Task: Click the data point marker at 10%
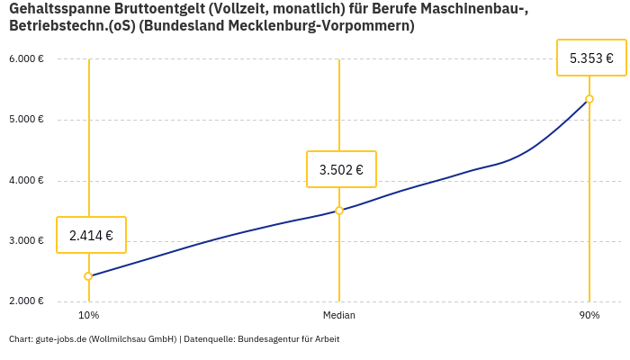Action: click(x=88, y=276)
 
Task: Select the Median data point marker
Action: click(x=339, y=211)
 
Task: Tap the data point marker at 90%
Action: click(x=589, y=99)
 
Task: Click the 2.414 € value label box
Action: click(x=91, y=236)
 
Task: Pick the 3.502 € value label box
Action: click(x=341, y=169)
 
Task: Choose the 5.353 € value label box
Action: click(x=591, y=58)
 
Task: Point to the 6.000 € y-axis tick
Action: click(x=26, y=59)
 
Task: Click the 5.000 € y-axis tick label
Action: click(x=26, y=120)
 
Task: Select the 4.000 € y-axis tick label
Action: click(x=26, y=181)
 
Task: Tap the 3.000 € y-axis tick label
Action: click(x=26, y=241)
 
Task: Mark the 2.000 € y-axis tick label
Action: click(x=26, y=301)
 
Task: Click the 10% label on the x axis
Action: click(x=88, y=316)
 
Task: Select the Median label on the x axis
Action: click(x=339, y=316)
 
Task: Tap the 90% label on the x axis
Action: click(x=589, y=316)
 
